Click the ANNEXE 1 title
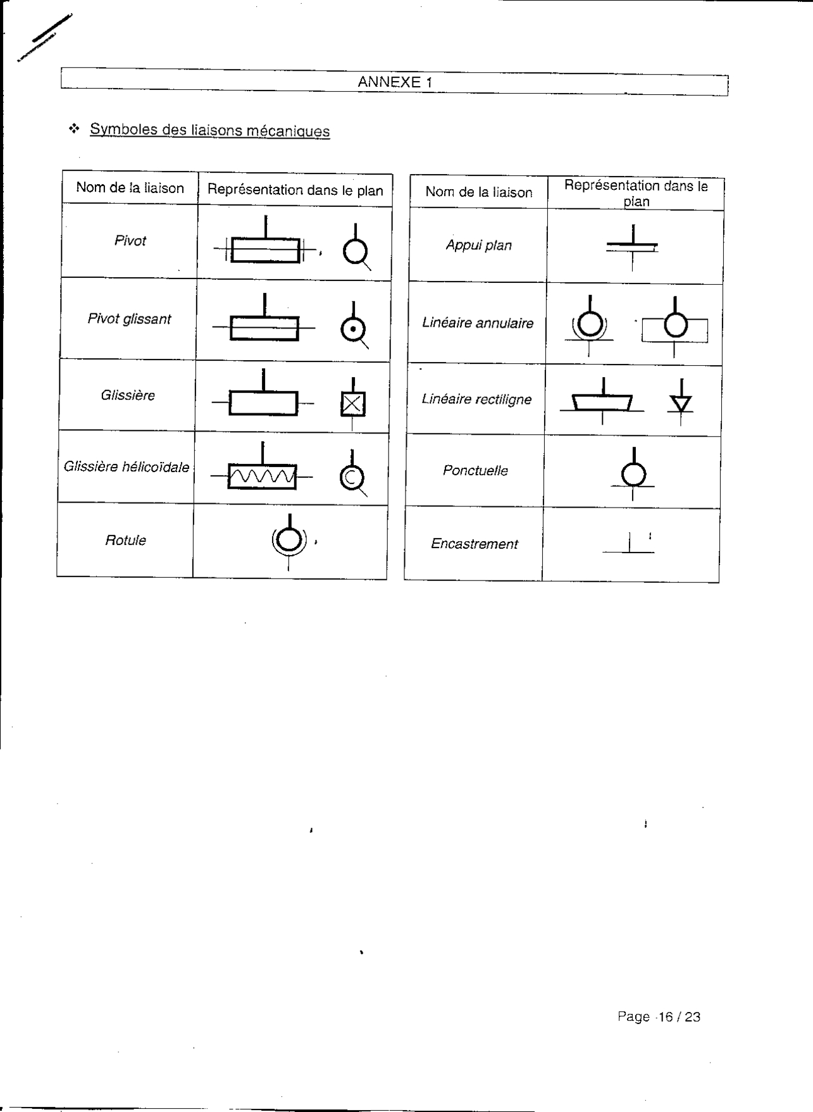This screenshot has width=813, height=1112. pyautogui.click(x=395, y=82)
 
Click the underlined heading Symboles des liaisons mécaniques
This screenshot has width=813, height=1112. pyautogui.click(x=209, y=130)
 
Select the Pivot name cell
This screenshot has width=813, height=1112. pyautogui.click(x=130, y=241)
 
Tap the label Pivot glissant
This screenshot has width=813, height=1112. pyautogui.click(x=129, y=319)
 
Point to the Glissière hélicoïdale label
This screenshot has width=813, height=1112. pyautogui.click(x=127, y=467)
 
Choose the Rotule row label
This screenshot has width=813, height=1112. pyautogui.click(x=125, y=540)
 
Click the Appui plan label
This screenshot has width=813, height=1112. pyautogui.click(x=478, y=246)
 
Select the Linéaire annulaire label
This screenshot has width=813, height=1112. pyautogui.click(x=478, y=323)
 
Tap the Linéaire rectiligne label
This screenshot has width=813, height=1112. pyautogui.click(x=476, y=399)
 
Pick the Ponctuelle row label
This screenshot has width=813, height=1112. pyautogui.click(x=475, y=471)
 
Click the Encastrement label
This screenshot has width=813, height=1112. pyautogui.click(x=474, y=544)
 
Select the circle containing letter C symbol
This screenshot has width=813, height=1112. pyautogui.click(x=352, y=477)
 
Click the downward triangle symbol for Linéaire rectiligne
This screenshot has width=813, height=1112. pyautogui.click(x=681, y=403)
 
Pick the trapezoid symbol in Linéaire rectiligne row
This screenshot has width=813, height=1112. pyautogui.click(x=602, y=402)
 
